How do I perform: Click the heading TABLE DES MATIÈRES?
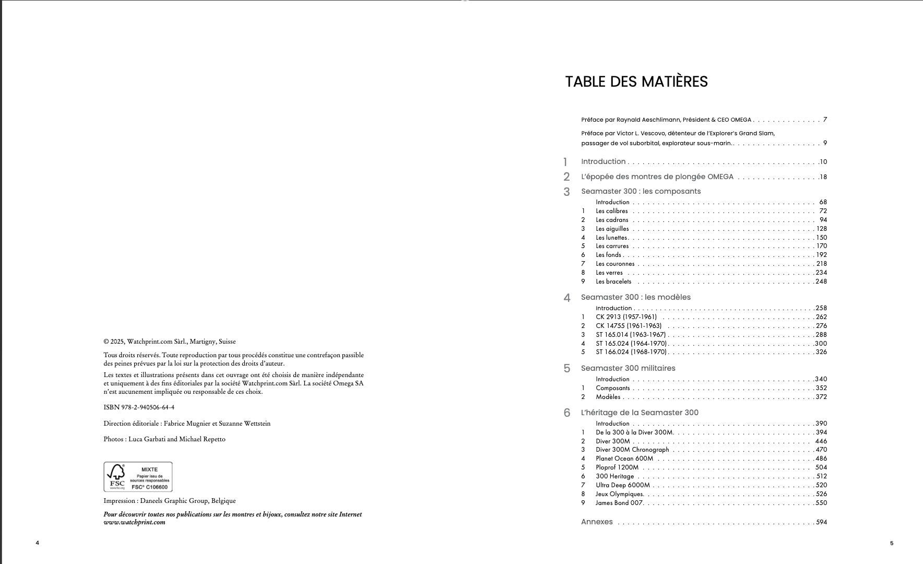click(636, 82)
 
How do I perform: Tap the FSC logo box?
click(138, 477)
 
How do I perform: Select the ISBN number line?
click(139, 407)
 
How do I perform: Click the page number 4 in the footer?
click(37, 543)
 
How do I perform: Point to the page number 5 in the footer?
click(892, 543)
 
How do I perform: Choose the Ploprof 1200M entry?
click(617, 467)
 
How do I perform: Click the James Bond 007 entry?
click(619, 503)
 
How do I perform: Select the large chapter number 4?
click(566, 298)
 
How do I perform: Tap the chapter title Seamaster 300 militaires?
click(628, 368)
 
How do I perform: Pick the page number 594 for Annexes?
click(821, 522)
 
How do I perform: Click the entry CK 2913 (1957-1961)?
click(626, 317)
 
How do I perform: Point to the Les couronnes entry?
click(615, 264)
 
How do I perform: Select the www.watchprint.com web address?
click(134, 522)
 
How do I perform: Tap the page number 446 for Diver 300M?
click(821, 441)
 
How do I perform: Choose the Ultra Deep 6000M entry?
click(622, 485)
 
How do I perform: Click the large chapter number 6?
click(566, 413)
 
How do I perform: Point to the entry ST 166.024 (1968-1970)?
click(631, 352)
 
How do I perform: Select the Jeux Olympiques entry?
click(620, 494)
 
